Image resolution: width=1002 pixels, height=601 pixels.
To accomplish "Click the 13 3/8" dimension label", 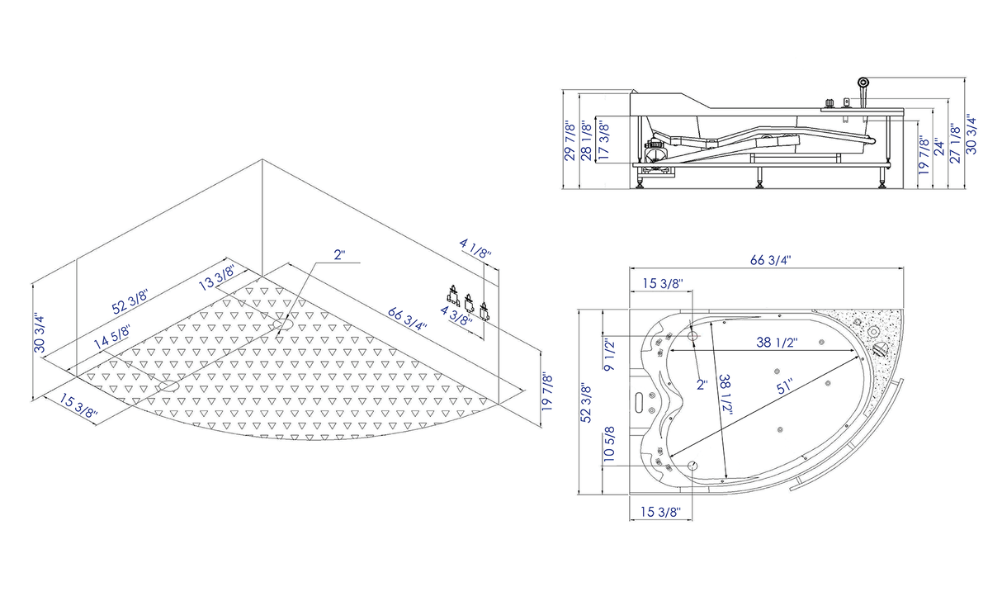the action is pyautogui.click(x=216, y=277).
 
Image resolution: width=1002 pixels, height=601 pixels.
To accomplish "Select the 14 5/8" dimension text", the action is pyautogui.click(x=111, y=337).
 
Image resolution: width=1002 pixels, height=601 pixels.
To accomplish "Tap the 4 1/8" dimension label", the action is pyautogui.click(x=475, y=248).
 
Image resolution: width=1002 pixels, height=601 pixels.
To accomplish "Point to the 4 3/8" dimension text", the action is pyautogui.click(x=456, y=316).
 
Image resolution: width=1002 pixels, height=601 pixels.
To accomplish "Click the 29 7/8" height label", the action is pyautogui.click(x=570, y=140).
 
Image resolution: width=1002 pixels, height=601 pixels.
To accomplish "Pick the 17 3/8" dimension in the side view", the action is pyautogui.click(x=604, y=140).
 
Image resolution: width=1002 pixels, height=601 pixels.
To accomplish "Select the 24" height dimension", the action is pyautogui.click(x=939, y=148).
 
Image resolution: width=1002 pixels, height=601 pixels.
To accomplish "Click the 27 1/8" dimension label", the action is pyautogui.click(x=955, y=143).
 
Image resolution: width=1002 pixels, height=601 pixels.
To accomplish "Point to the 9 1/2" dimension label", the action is pyautogui.click(x=609, y=356).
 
